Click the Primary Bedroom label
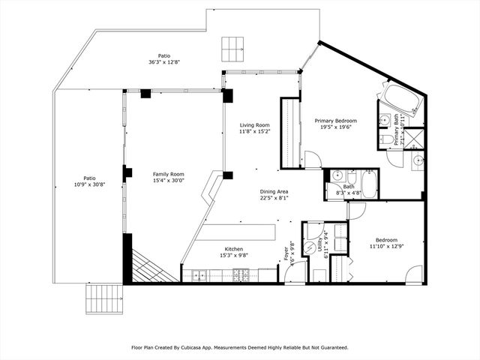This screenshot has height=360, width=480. pos(335,121)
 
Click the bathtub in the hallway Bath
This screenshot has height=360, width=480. pos(368,184)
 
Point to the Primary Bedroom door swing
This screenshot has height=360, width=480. pos(313,160)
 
